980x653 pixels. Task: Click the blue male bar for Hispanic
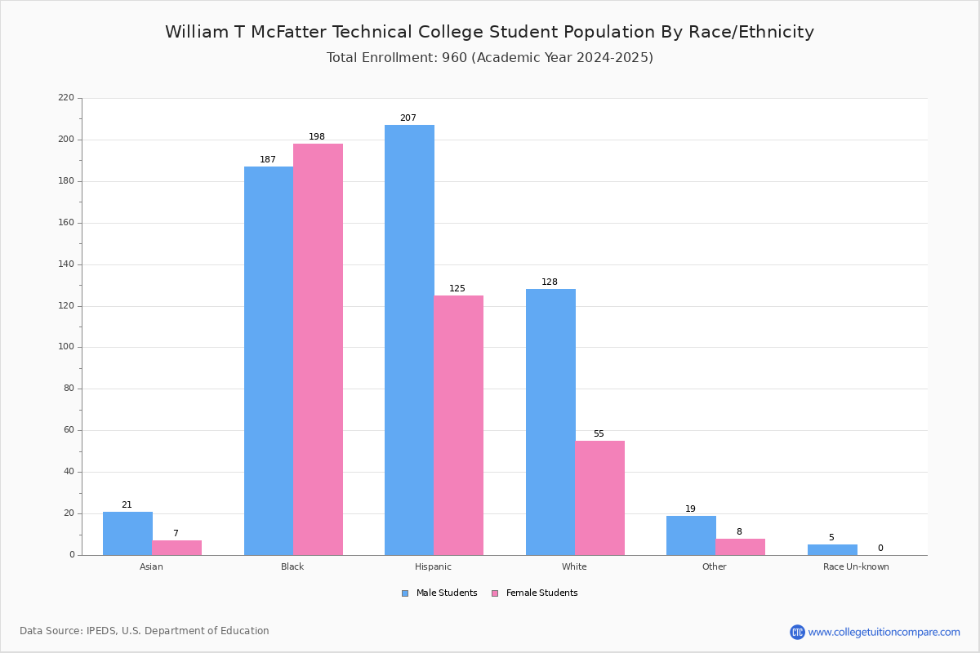(x=409, y=340)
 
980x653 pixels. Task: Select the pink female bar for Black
(x=318, y=349)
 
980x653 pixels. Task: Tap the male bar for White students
(x=550, y=422)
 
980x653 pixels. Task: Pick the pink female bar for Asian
(x=176, y=548)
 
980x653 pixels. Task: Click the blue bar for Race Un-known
(x=832, y=550)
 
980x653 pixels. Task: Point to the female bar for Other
(x=740, y=547)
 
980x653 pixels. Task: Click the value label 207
(x=408, y=118)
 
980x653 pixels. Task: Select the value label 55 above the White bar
(x=599, y=433)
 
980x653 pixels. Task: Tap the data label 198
(x=317, y=136)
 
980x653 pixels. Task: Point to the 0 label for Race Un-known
(x=880, y=548)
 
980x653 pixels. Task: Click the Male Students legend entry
(x=439, y=593)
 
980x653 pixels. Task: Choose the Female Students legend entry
(x=535, y=593)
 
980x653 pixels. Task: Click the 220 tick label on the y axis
(x=66, y=97)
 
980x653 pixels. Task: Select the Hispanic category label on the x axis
(x=433, y=566)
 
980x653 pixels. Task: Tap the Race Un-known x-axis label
(x=856, y=566)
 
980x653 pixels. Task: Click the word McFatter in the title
(x=288, y=32)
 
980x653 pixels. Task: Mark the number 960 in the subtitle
(x=455, y=57)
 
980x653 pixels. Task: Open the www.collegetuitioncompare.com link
(x=884, y=632)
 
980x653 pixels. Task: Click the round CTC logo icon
(x=798, y=632)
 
